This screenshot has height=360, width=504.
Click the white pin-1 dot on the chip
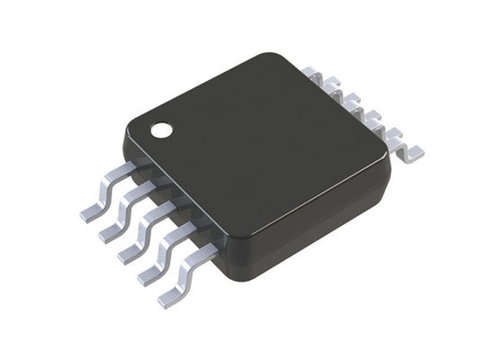[162, 130]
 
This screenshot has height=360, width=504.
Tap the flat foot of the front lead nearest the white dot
[90, 212]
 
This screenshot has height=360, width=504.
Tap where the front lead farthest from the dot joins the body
[212, 244]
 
